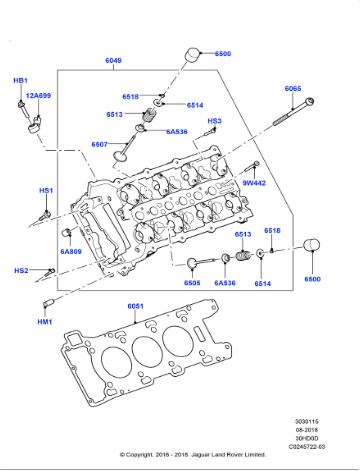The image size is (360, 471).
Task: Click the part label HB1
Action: point(20,80)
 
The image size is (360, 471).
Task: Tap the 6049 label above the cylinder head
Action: point(114,61)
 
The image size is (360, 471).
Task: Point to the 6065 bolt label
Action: point(292,88)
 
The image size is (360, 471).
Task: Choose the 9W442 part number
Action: point(254,183)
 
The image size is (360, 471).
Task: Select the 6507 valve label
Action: point(100,144)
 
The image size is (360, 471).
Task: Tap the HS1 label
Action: point(45,190)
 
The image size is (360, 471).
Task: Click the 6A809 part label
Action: point(70,252)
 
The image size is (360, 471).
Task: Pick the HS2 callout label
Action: point(21,270)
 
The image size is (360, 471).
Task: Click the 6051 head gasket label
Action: point(135,306)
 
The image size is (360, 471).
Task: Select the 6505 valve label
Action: point(192,283)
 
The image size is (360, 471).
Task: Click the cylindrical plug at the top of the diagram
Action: point(195,54)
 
